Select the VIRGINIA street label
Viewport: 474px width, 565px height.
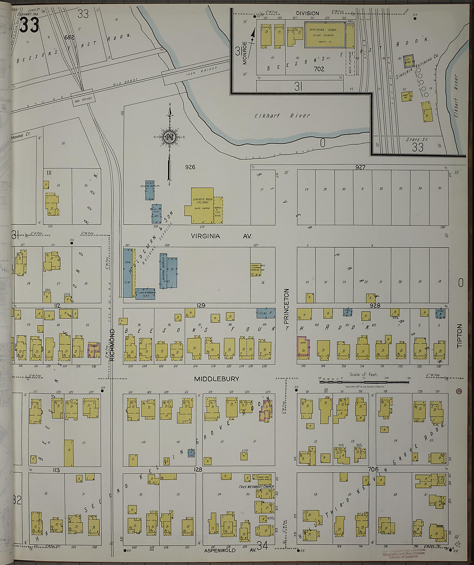(x=206, y=236)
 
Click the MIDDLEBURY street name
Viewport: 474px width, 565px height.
(x=217, y=379)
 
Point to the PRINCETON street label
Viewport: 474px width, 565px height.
(x=286, y=309)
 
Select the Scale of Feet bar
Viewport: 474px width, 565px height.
(x=364, y=381)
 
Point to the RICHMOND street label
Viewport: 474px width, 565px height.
(x=112, y=345)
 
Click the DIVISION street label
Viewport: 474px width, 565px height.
(x=307, y=13)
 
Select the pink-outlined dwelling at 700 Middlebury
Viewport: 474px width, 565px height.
(x=303, y=347)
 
